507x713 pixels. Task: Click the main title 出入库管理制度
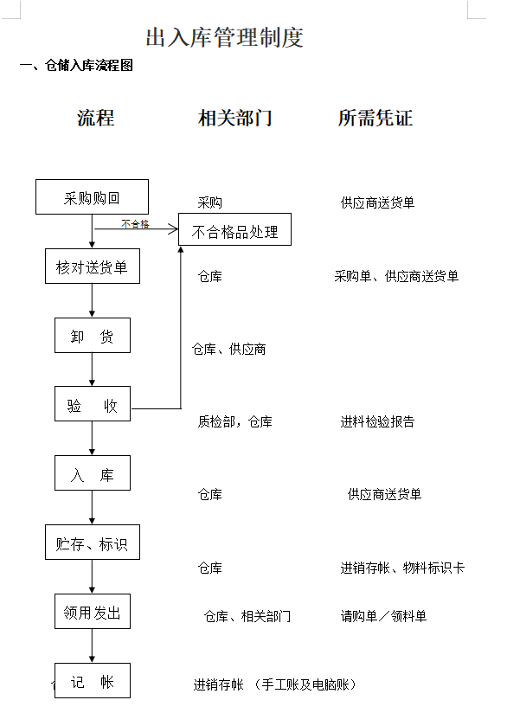(224, 37)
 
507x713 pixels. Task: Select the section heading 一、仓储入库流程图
(76, 66)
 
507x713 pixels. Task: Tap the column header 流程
(95, 118)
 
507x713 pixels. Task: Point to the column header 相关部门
(235, 118)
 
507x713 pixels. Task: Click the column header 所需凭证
(375, 118)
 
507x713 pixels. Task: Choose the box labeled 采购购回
(92, 197)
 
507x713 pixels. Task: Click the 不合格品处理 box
(234, 229)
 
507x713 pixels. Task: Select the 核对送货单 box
(93, 266)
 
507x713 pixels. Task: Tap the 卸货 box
(93, 336)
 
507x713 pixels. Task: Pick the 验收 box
(93, 404)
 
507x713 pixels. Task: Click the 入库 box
(93, 473)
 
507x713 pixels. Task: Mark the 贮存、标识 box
(93, 542)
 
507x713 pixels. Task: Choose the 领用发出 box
(93, 612)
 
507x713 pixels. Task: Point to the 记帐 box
(93, 681)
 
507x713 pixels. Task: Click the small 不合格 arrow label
(135, 224)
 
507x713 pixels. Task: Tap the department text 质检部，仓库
(234, 421)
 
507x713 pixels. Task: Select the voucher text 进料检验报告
(377, 421)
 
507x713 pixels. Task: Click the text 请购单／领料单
(383, 616)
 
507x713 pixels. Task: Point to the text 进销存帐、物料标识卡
(402, 568)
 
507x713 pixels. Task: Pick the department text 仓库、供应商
(228, 349)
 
